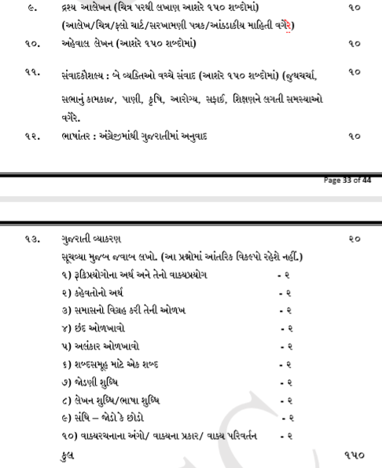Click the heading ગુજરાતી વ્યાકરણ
[x=87, y=237]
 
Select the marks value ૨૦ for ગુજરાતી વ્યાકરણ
[x=354, y=237]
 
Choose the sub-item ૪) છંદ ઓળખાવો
[x=94, y=324]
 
